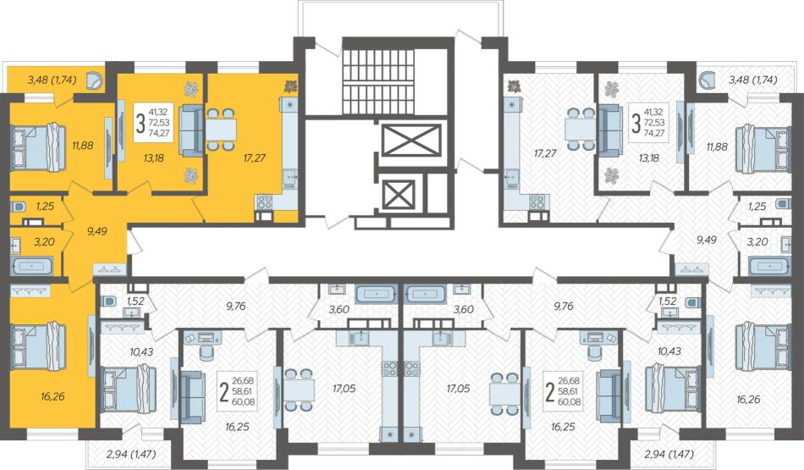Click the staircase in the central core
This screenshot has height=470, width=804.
click(377, 83)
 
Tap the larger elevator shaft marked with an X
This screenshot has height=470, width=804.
click(412, 140)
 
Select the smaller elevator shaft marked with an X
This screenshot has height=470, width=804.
click(399, 194)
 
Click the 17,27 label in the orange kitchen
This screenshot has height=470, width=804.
click(255, 158)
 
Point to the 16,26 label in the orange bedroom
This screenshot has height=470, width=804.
click(52, 396)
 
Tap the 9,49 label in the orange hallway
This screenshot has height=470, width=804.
click(97, 231)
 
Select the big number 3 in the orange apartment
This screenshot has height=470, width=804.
click(140, 124)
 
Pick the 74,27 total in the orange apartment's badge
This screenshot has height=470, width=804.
click(158, 133)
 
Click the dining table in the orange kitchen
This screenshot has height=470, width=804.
click(222, 130)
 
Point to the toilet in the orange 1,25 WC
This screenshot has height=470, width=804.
click(18, 207)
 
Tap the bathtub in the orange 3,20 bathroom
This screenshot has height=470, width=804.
click(31, 266)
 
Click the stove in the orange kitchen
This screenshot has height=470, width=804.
click(264, 202)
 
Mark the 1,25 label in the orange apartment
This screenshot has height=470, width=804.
click(45, 207)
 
